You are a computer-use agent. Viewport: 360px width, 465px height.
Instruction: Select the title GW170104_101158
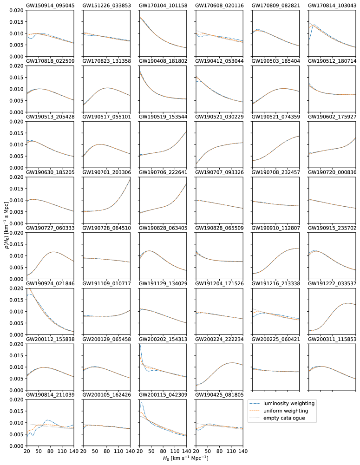coord(163,6)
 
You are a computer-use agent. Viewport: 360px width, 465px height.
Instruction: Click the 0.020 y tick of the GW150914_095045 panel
coord(15,10)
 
